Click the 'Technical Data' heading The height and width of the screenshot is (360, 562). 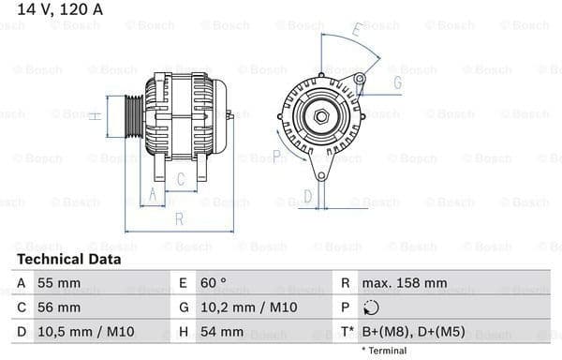pos(68,259)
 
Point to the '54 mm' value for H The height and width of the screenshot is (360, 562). pos(222,331)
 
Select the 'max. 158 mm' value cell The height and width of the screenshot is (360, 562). pos(407,282)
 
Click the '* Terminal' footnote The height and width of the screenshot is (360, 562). pos(384,351)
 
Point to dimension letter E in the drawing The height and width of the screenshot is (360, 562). pos(357,30)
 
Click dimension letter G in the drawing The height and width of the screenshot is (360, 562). pos(397,82)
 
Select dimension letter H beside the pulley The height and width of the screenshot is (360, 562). pos(94,115)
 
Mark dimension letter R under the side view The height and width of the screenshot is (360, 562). pos(178,218)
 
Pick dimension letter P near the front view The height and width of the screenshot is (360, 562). pos(277,154)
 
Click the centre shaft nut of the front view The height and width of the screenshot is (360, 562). pos(321,116)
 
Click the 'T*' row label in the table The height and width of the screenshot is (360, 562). pos(347,331)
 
